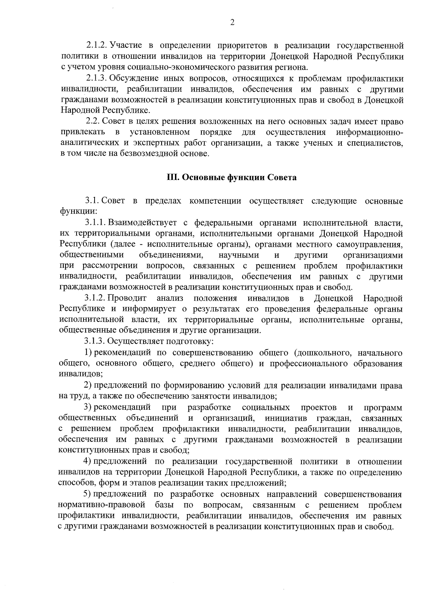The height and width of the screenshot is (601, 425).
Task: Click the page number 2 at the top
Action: (x=232, y=23)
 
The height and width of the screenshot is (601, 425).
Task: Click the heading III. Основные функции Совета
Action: (x=232, y=178)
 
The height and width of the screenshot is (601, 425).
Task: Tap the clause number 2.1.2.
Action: (x=97, y=46)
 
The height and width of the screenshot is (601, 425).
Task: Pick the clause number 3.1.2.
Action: (x=95, y=298)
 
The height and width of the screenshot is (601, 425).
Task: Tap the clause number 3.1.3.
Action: (x=95, y=341)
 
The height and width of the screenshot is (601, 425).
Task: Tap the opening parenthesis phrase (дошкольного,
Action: (x=321, y=353)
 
